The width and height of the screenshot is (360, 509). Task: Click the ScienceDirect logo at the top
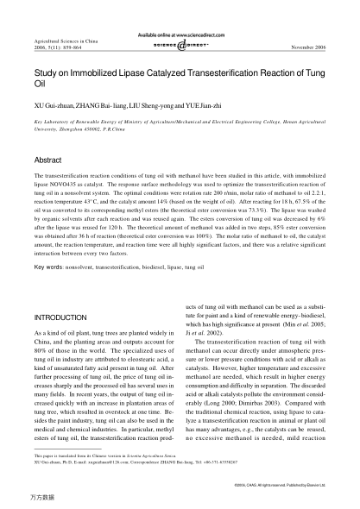point(180,41)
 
